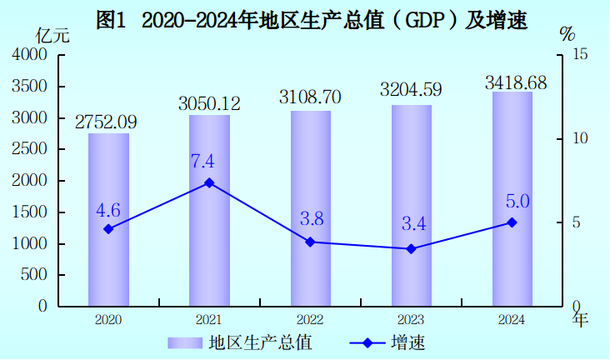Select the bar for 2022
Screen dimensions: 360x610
coord(311,208)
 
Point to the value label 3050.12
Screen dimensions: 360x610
coord(209,103)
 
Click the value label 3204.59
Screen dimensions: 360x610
coord(411,89)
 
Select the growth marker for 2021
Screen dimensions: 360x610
coord(209,182)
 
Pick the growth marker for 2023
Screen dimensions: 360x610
coord(411,248)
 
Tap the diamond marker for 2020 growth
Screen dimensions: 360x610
coord(108,228)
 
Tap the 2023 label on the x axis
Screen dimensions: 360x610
coord(411,320)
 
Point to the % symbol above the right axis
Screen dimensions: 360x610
coord(567,34)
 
